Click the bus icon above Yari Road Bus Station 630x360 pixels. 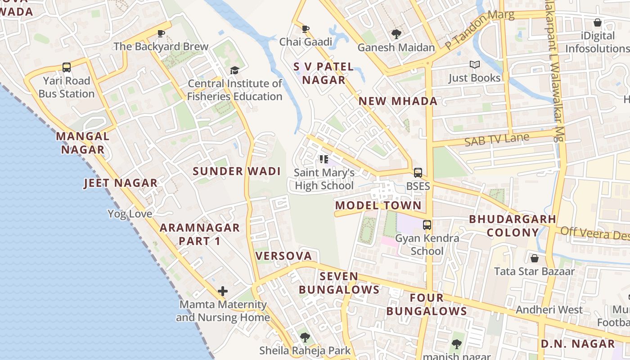click(x=67, y=67)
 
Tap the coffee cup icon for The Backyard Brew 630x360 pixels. click(x=161, y=33)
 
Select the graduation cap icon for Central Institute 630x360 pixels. click(x=234, y=70)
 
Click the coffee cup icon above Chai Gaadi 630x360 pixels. click(x=306, y=29)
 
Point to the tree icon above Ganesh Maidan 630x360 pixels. click(x=396, y=34)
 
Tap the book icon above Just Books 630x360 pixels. click(x=474, y=65)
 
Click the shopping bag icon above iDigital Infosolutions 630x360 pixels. click(x=598, y=22)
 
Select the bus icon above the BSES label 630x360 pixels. click(x=418, y=173)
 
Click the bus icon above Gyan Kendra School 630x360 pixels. click(x=427, y=225)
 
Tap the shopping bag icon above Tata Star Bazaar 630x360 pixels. click(x=535, y=258)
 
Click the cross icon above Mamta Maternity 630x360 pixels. click(x=223, y=291)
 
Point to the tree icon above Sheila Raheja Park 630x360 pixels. click(x=305, y=337)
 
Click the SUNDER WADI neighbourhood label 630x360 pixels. click(x=237, y=171)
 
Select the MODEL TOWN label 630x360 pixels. click(x=378, y=206)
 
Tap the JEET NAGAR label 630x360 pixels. click(x=121, y=183)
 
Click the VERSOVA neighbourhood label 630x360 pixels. click(x=283, y=256)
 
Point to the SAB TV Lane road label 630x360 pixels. click(x=497, y=139)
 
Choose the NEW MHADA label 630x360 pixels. click(x=398, y=101)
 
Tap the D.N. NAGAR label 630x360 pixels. click(x=577, y=344)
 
